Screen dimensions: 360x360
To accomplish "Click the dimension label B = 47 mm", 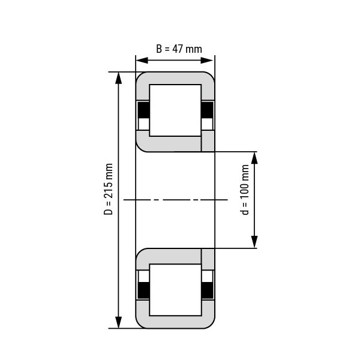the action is pos(179,49).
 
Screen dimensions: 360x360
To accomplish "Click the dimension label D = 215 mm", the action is pos(109,189).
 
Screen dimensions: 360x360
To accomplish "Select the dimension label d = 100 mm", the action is pos(245,190).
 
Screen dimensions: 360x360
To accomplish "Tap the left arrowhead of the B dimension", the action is pos(142,61).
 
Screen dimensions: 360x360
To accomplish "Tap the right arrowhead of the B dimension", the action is pos(207,61).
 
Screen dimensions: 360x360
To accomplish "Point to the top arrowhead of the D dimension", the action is pos(118,78).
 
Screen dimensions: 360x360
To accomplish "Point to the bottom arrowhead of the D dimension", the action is pos(118,322).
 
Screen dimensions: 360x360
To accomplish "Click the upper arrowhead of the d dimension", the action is pos(254,158).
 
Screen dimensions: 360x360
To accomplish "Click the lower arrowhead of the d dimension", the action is pos(254,242).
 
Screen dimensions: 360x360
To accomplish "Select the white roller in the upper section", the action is pos(175,110).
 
